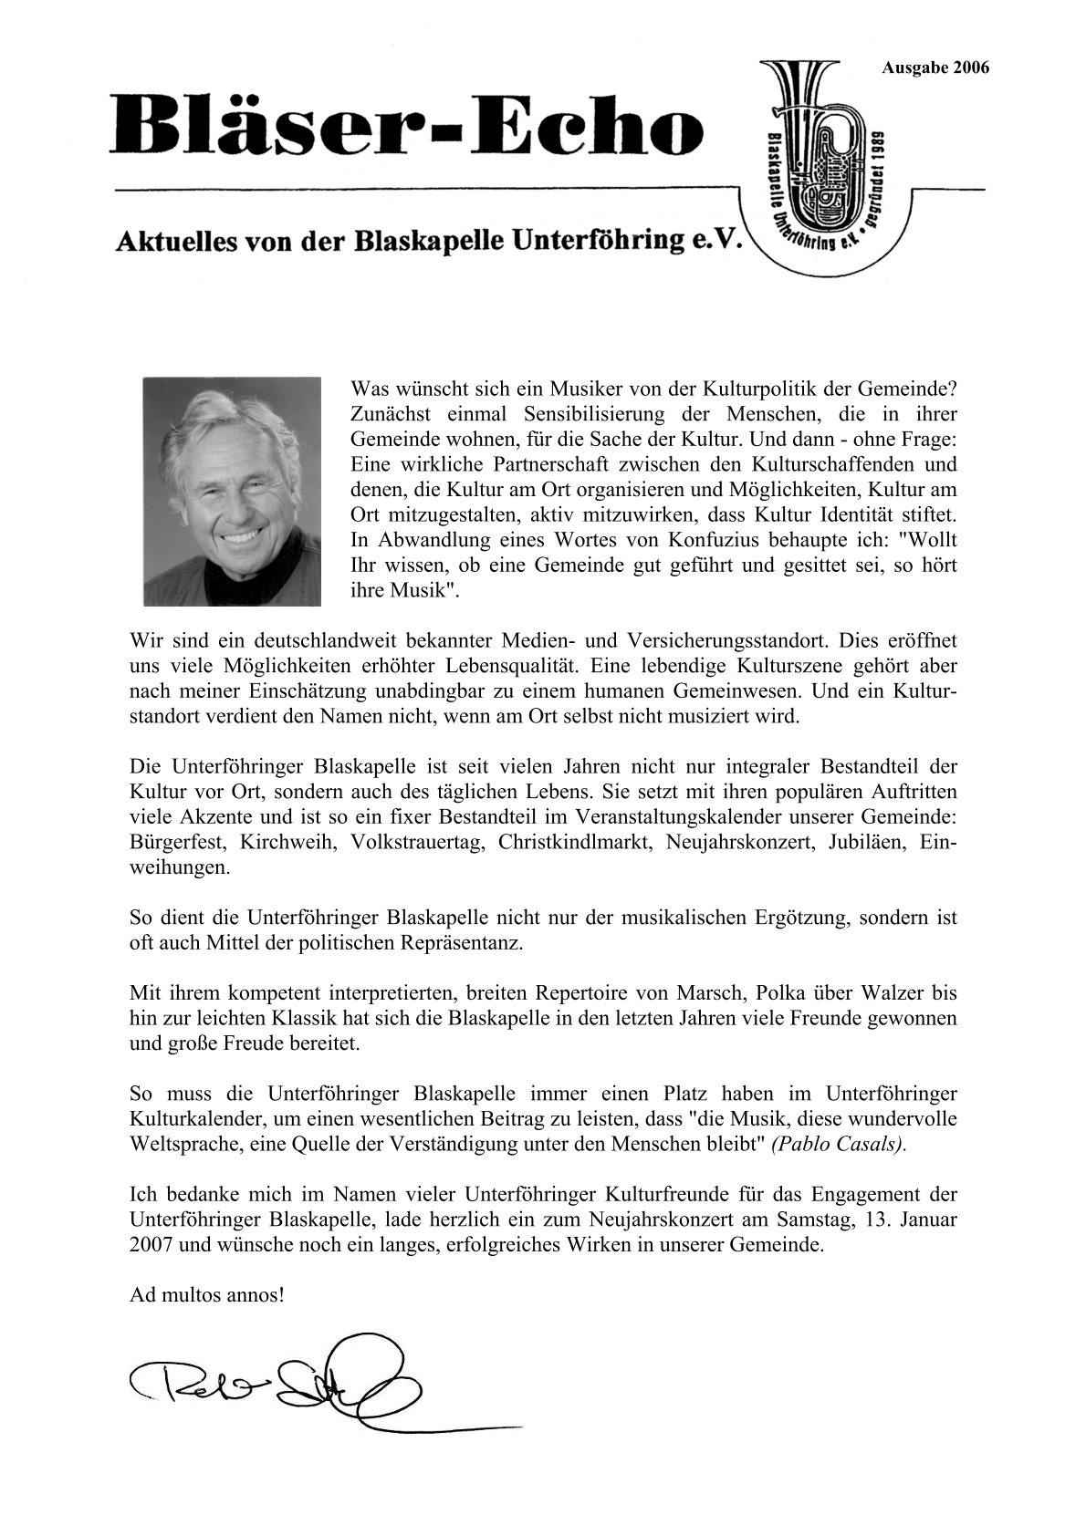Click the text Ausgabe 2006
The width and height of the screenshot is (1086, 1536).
935,67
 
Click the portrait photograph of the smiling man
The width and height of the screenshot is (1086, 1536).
232,492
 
